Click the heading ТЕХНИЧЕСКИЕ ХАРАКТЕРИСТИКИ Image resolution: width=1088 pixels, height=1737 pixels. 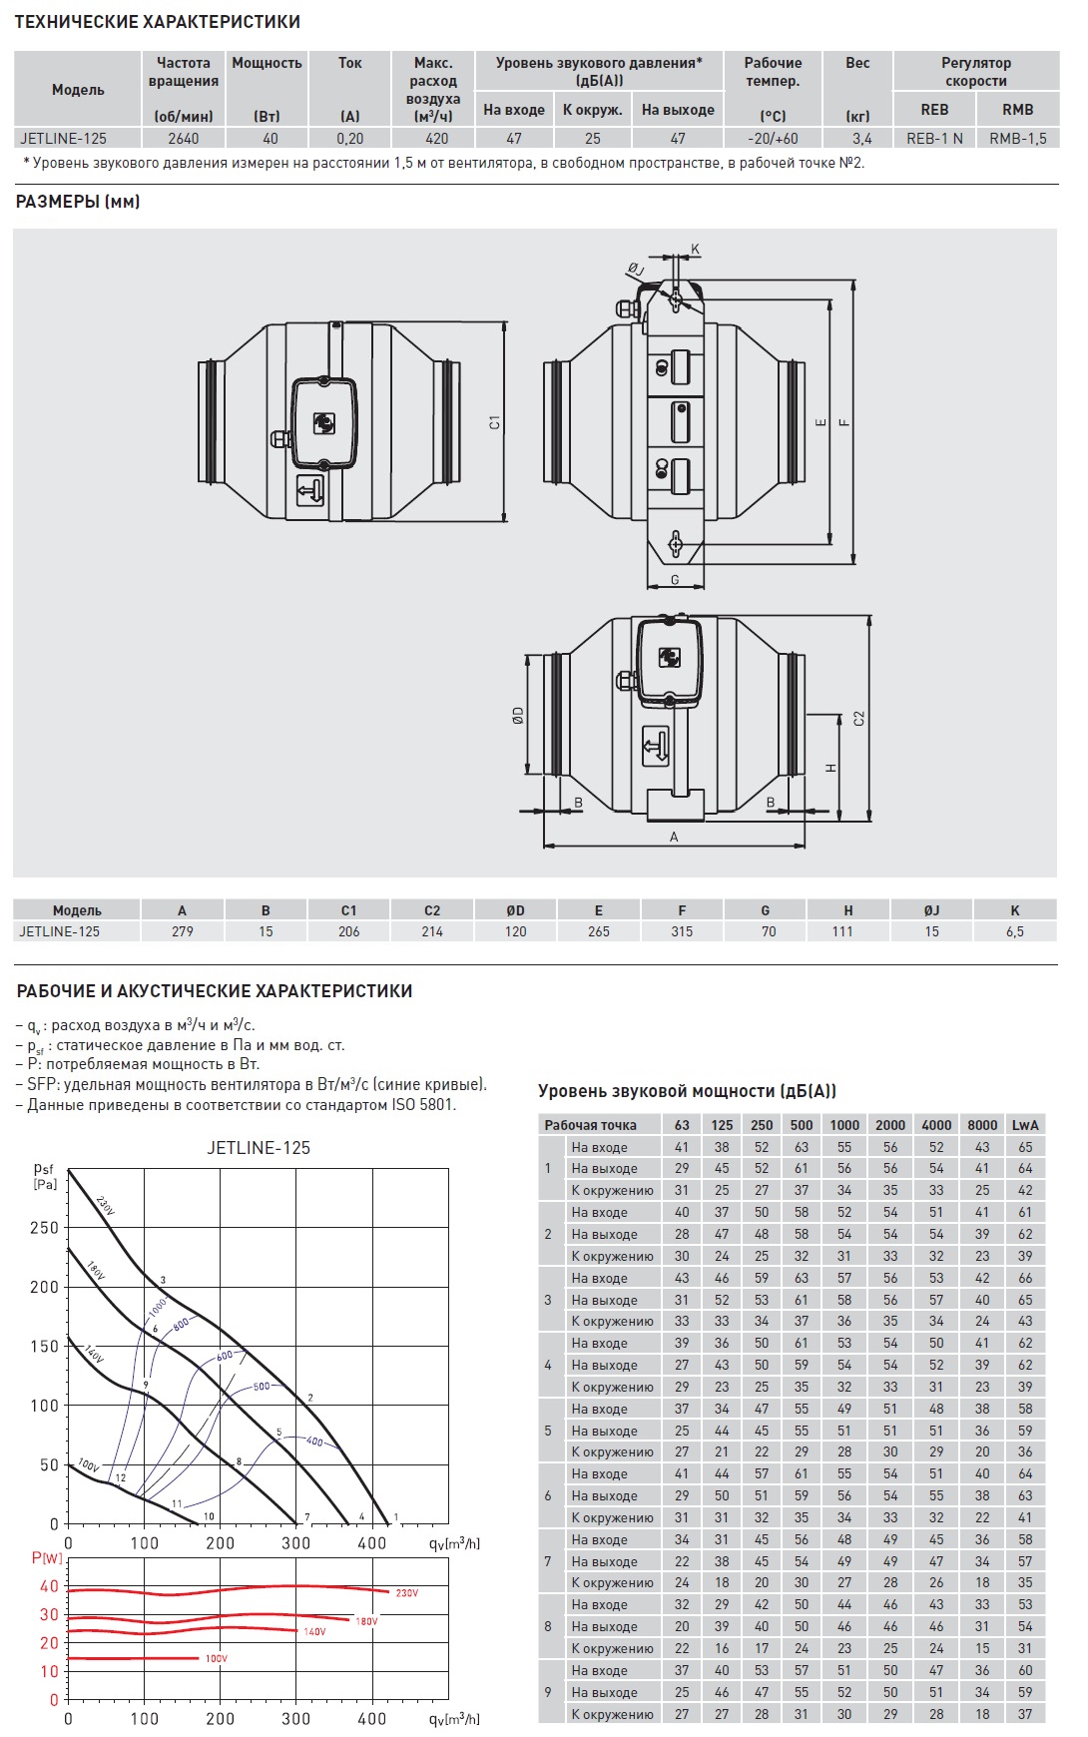pyautogui.click(x=157, y=22)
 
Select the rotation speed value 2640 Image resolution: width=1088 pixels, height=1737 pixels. pyautogui.click(x=184, y=139)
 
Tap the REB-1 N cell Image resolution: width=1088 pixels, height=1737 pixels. pyautogui.click(x=934, y=139)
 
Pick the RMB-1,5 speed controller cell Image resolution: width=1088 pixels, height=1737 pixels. pyautogui.click(x=1017, y=139)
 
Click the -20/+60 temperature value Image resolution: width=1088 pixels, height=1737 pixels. pyautogui.click(x=773, y=139)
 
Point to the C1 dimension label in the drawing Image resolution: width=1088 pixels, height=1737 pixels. pyautogui.click(x=494, y=423)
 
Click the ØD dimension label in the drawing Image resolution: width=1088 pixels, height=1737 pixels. pyautogui.click(x=518, y=715)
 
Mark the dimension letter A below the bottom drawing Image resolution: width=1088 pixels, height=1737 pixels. pyautogui.click(x=674, y=838)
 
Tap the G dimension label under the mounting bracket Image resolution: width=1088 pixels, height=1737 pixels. pyautogui.click(x=675, y=580)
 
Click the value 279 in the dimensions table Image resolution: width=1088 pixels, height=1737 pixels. pyautogui.click(x=182, y=931)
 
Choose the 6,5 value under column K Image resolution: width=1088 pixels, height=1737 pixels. pyautogui.click(x=1014, y=931)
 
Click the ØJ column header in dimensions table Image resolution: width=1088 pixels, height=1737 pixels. pyautogui.click(x=931, y=910)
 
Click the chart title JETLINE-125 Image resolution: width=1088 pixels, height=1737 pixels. pyautogui.click(x=259, y=1148)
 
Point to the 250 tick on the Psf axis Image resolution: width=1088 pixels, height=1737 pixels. pyautogui.click(x=44, y=1228)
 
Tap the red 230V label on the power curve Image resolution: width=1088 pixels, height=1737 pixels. pyautogui.click(x=406, y=1593)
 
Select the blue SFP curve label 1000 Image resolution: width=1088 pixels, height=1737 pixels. pyautogui.click(x=158, y=1307)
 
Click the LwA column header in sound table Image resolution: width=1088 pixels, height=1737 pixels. pyautogui.click(x=1025, y=1125)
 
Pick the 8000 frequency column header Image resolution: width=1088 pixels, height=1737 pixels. pyautogui.click(x=982, y=1125)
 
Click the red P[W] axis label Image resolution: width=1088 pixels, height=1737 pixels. pyautogui.click(x=47, y=1558)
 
